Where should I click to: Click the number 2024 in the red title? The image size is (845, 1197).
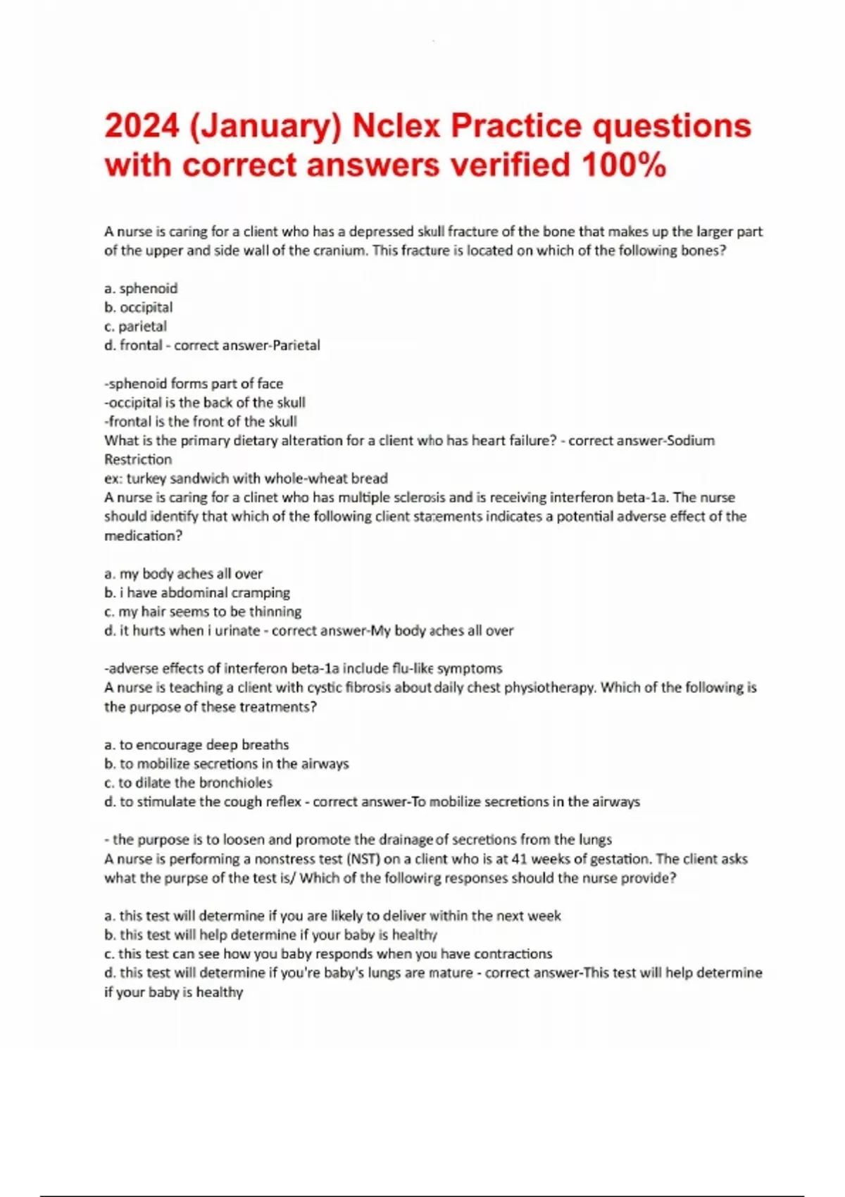(142, 127)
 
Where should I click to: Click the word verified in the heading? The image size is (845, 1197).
(509, 165)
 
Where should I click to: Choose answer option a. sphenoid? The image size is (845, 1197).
(141, 288)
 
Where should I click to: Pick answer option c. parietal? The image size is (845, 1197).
(135, 326)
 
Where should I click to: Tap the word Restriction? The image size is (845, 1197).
(138, 459)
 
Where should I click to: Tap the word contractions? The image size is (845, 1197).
(513, 954)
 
